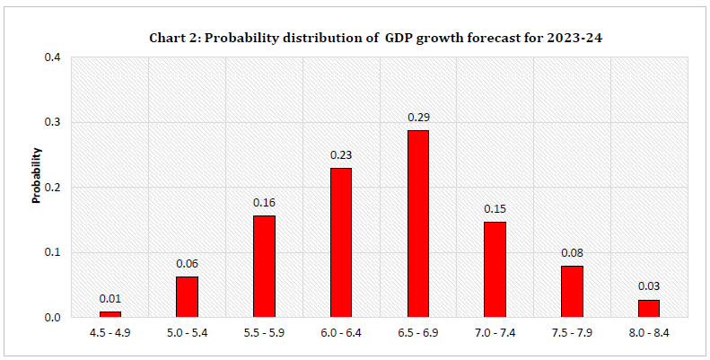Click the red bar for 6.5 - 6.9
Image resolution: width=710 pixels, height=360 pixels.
(417, 224)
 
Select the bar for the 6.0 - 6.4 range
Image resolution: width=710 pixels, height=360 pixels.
(340, 242)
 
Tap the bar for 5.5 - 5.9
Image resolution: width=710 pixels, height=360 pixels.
(264, 266)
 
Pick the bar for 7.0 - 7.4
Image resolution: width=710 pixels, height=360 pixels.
(495, 269)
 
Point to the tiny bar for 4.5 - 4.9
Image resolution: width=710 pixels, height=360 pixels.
(110, 314)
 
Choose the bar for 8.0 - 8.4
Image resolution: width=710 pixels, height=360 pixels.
(648, 308)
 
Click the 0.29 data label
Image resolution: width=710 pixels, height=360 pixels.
(417, 118)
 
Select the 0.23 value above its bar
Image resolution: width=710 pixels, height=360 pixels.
(340, 154)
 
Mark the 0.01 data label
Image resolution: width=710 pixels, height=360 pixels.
(110, 298)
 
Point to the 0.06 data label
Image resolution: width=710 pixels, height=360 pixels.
(187, 264)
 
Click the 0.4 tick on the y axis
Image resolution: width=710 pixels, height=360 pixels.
(53, 57)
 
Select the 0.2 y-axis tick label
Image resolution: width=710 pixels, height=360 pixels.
(53, 188)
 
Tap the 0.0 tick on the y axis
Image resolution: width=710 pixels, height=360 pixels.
(53, 318)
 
